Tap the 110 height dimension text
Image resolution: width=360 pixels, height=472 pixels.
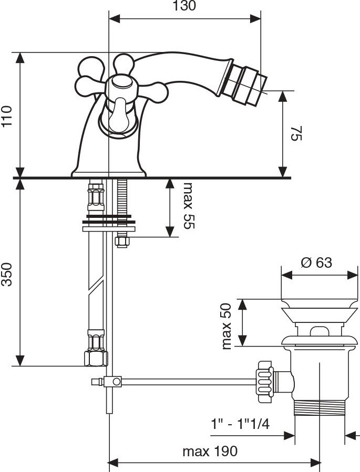7,116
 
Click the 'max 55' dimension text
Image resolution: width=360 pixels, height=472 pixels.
188,206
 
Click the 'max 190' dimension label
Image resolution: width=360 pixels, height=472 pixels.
210,451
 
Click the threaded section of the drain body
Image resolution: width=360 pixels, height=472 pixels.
318,406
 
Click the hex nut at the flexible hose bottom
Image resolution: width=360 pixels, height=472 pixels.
96,359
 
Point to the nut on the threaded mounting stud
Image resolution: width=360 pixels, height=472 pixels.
122,242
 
